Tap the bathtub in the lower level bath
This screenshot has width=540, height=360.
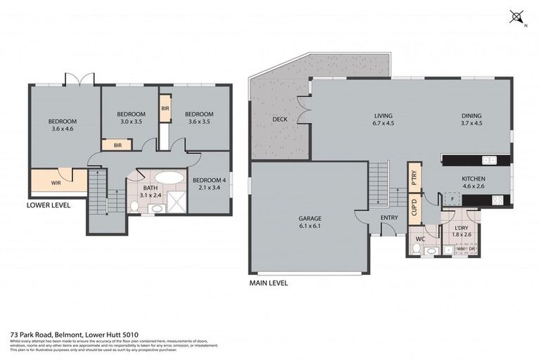(167, 177)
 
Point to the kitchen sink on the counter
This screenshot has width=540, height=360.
(489, 160)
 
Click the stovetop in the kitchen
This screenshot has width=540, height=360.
(497, 200)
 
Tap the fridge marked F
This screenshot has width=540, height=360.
(451, 200)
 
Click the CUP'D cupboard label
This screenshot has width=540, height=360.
(413, 207)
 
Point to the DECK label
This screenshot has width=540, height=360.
(280, 120)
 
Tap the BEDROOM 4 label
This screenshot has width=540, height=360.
(209, 179)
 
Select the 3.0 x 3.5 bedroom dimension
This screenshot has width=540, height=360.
(131, 122)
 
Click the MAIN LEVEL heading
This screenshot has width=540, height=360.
(269, 283)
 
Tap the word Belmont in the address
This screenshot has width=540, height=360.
(58, 335)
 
